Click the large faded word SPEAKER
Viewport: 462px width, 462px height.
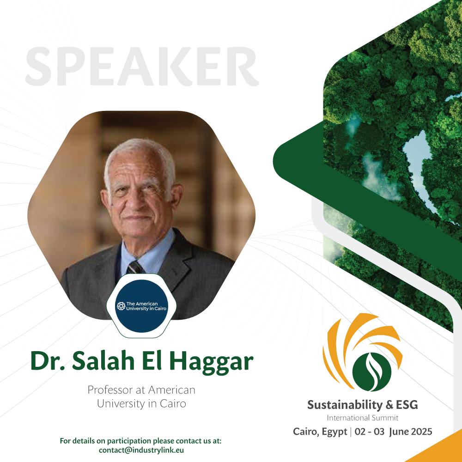tap(142, 66)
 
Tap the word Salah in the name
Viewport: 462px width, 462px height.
tap(103, 361)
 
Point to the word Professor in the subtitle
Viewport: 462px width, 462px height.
tap(110, 390)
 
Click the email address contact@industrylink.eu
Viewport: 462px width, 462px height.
tap(141, 450)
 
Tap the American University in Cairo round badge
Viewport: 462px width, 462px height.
tap(141, 306)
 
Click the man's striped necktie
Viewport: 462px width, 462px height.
tap(135, 267)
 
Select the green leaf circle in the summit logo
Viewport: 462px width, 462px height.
tap(372, 372)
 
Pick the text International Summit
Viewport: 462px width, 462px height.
tap(362, 418)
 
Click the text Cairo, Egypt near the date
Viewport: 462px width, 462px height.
tap(320, 432)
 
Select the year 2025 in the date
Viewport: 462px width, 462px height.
tap(421, 432)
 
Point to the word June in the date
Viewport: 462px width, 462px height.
tap(398, 432)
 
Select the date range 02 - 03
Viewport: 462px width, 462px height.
tap(370, 432)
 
